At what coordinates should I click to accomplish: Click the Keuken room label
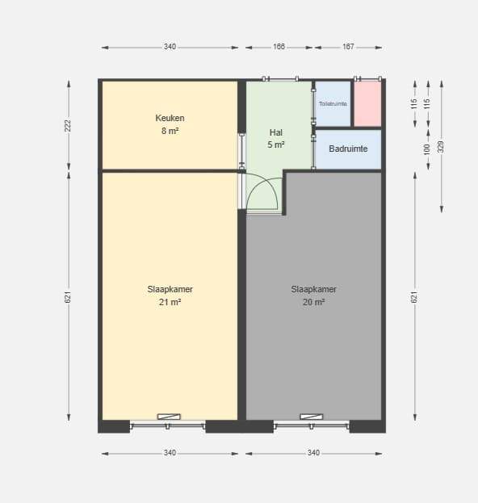(x=170, y=118)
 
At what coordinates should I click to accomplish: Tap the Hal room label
(x=276, y=132)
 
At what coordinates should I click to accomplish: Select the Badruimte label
(x=348, y=149)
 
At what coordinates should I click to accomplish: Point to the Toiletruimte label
(x=333, y=103)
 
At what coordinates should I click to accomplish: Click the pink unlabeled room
(x=367, y=103)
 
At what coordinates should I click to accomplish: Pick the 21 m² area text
(x=170, y=302)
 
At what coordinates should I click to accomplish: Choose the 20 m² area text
(x=313, y=302)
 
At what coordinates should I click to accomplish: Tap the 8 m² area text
(x=170, y=131)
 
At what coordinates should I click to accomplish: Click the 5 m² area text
(x=276, y=145)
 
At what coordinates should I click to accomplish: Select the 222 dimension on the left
(x=68, y=125)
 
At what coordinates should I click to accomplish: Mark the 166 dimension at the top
(x=279, y=47)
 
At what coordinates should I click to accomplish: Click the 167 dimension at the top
(x=348, y=47)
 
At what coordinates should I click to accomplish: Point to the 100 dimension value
(x=426, y=149)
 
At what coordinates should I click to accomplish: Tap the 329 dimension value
(x=441, y=147)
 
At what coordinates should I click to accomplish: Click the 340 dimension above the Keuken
(x=170, y=47)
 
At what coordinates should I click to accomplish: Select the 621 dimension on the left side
(x=68, y=297)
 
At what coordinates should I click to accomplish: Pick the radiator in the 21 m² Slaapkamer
(x=169, y=417)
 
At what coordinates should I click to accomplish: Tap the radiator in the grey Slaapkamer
(x=311, y=417)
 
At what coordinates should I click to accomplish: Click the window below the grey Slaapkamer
(x=311, y=426)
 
